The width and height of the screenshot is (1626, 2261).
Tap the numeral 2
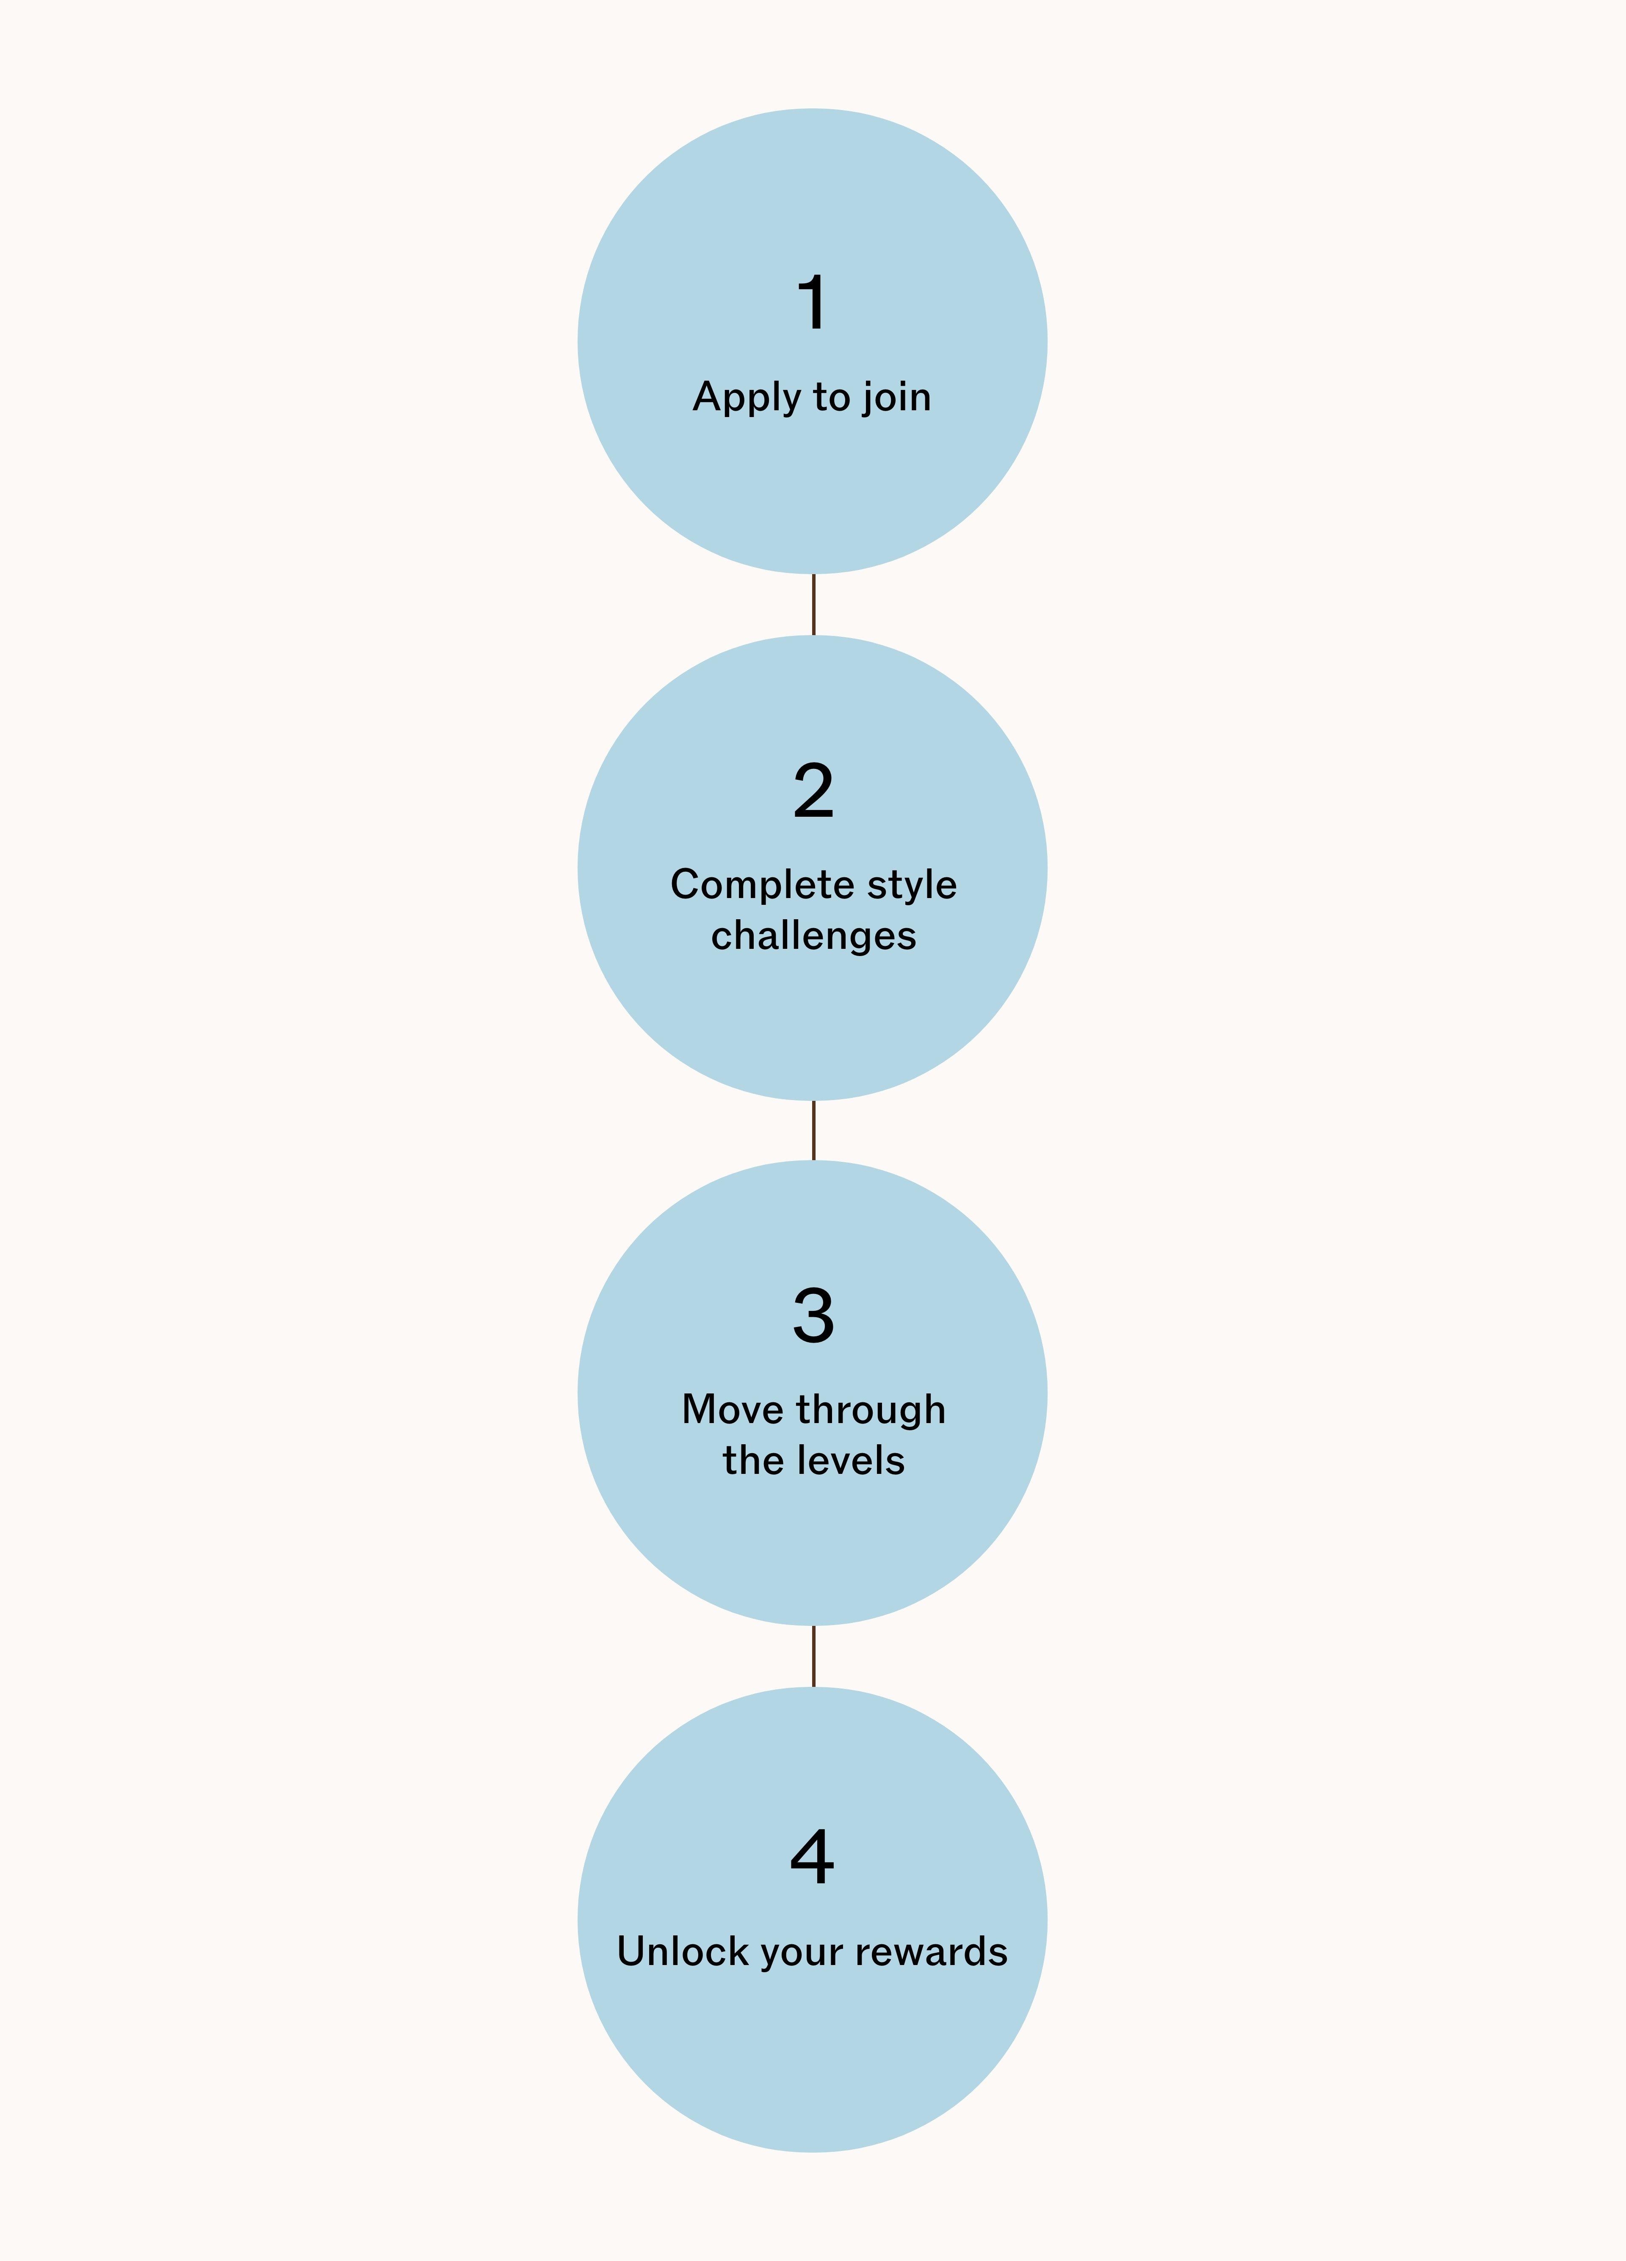(813, 791)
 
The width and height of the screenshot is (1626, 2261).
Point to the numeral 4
(813, 1856)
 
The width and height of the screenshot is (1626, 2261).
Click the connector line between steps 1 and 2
(813, 604)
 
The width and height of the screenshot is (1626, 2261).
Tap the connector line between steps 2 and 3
(813, 1130)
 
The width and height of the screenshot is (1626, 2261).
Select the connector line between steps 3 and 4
(813, 1656)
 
